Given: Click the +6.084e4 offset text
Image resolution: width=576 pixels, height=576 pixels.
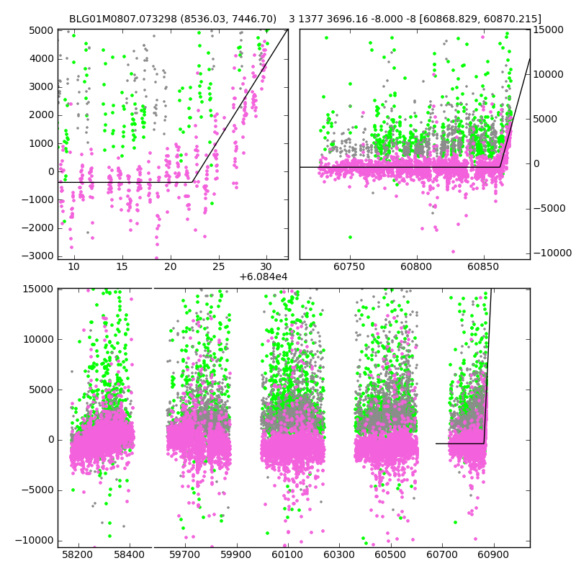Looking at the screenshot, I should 263,277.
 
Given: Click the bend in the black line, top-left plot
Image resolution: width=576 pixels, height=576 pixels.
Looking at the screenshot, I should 192,182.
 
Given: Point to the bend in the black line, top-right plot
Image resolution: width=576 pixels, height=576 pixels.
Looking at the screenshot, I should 500,167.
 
